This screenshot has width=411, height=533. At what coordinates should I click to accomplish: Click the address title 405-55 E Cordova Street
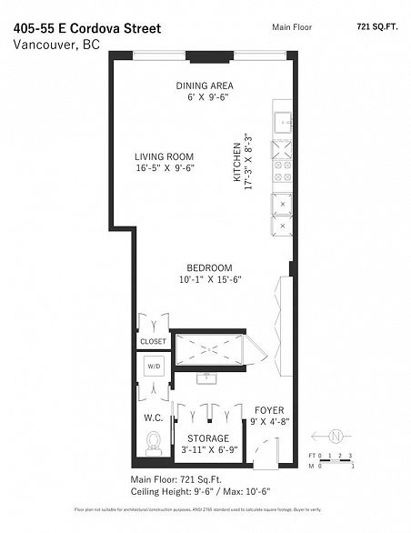87,28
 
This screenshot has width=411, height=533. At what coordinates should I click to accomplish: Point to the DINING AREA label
204,86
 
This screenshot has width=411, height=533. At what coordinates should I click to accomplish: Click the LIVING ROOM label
165,156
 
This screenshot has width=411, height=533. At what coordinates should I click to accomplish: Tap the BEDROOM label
209,267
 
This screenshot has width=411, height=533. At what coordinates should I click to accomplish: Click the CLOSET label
153,341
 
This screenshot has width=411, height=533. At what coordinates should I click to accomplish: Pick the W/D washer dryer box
153,368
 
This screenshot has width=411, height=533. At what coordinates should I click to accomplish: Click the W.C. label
152,418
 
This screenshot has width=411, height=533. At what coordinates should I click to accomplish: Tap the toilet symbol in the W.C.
153,444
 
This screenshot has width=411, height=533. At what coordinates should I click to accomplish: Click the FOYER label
269,410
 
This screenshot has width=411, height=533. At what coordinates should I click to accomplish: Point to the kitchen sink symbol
283,121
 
